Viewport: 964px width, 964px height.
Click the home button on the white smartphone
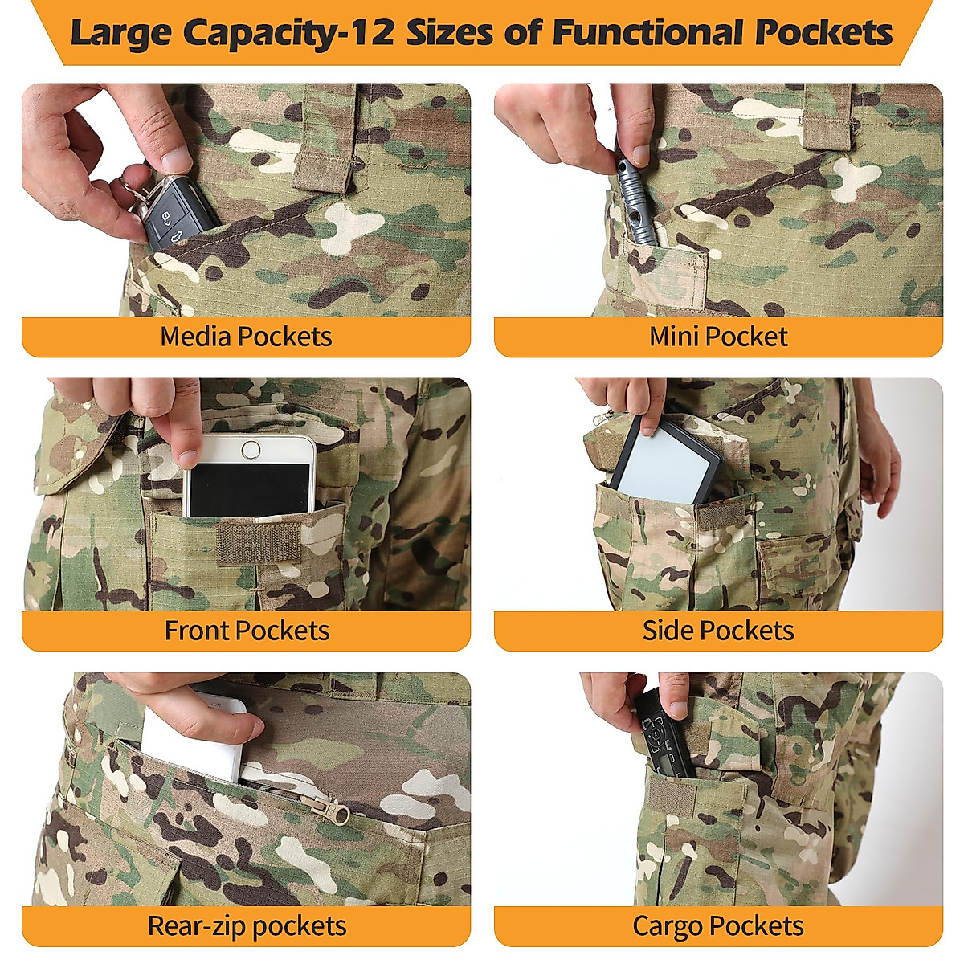[x=251, y=449]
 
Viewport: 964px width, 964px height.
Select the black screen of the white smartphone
[x=248, y=488]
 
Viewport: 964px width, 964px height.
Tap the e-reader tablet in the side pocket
[x=666, y=464]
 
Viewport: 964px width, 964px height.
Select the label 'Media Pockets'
[x=246, y=337]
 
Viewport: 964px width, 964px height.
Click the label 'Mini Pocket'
[x=718, y=337]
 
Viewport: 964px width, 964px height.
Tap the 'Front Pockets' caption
[x=247, y=631]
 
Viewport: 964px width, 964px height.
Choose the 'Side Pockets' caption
[x=718, y=631]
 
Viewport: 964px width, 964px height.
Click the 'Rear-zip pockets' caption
[x=247, y=926]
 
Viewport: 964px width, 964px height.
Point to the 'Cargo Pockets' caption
[x=718, y=926]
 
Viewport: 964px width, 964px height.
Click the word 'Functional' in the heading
[x=650, y=34]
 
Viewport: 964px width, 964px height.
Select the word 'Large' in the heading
[x=120, y=34]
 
